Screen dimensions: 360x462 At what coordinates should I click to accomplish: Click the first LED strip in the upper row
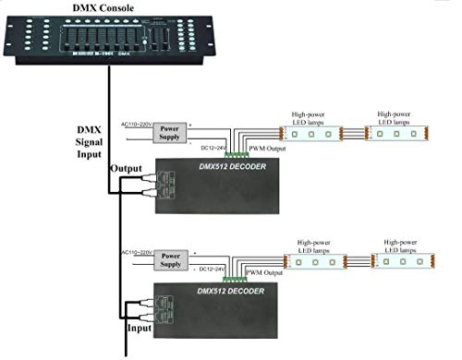pos(311,134)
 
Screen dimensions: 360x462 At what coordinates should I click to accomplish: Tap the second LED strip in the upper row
pos(396,134)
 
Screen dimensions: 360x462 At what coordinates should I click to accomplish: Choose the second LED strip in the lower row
pos(402,261)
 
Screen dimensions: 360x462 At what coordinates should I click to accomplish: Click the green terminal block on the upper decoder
pos(237,153)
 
